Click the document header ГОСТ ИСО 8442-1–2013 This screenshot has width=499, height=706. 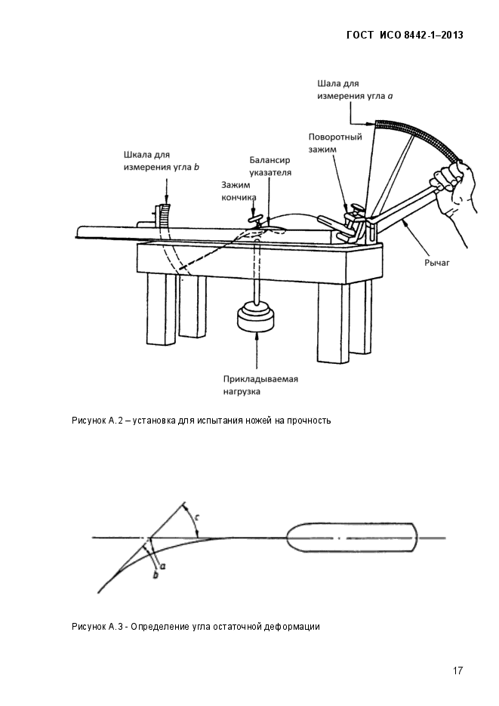(x=405, y=35)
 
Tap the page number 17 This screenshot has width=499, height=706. (x=457, y=671)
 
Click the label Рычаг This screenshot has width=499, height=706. (x=437, y=263)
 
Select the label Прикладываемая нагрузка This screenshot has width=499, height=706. (x=260, y=385)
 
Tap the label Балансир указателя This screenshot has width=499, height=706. (x=270, y=166)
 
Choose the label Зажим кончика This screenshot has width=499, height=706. (x=239, y=191)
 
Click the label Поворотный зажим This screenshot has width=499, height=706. (x=334, y=143)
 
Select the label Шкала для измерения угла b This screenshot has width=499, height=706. (x=161, y=161)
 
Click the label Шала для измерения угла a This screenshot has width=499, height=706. (x=355, y=90)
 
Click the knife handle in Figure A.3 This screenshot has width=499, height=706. (x=352, y=538)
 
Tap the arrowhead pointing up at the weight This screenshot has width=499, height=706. (x=256, y=336)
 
